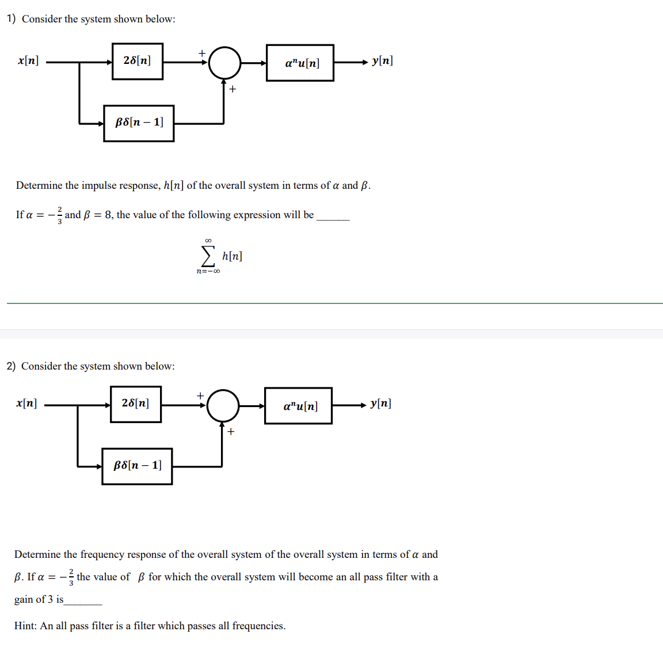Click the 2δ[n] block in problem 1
coord(138,61)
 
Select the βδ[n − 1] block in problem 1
coord(139,123)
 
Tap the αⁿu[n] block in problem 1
coord(300,63)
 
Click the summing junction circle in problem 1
coord(224,63)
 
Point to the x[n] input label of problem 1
coord(28,60)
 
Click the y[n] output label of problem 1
coord(382,60)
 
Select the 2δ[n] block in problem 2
coord(136,404)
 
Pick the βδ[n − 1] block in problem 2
coord(137,466)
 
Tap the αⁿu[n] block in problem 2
coord(298,406)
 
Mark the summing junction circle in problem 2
coord(223,406)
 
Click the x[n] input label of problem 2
coord(26,403)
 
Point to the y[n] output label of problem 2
coord(380,403)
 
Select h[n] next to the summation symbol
coord(232,256)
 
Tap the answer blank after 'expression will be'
coord(333,216)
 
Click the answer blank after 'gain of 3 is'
coord(83,601)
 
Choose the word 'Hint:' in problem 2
coord(26,626)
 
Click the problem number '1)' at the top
coord(11,19)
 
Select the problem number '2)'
coord(11,366)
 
